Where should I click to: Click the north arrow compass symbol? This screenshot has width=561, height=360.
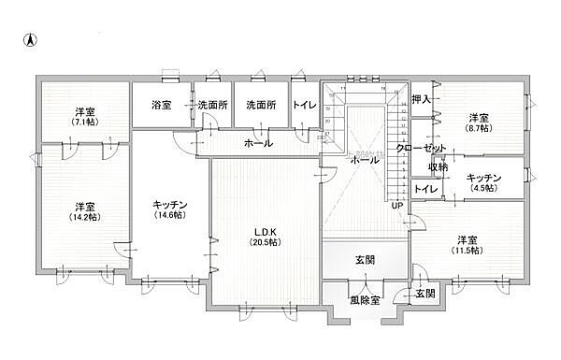(29, 40)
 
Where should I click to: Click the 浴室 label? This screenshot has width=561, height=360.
(161, 106)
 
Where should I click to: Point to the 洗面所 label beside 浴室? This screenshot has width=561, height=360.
(211, 106)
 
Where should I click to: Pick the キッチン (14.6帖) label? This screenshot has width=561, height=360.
(171, 208)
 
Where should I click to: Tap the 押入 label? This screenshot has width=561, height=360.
(421, 98)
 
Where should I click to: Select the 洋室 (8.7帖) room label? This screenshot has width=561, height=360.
(480, 122)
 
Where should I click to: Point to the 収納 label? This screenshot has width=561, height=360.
(438, 166)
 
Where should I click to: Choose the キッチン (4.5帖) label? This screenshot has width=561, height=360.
(483, 181)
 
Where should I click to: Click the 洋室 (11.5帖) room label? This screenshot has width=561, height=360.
(468, 244)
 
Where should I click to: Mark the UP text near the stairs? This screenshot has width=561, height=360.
(397, 206)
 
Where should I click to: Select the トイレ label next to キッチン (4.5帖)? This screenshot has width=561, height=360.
(426, 189)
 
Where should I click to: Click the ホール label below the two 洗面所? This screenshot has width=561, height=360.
(258, 143)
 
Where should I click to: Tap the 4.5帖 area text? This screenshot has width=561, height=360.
(483, 188)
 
